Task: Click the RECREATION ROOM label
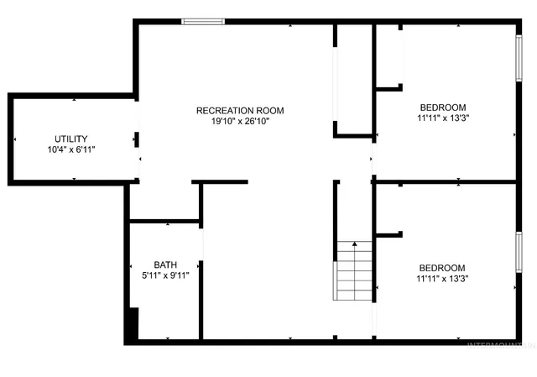pyautogui.click(x=240, y=110)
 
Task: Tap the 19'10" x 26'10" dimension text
pyautogui.click(x=240, y=121)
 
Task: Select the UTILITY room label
pyautogui.click(x=71, y=139)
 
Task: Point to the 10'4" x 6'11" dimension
pyautogui.click(x=71, y=149)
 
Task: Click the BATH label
pyautogui.click(x=165, y=264)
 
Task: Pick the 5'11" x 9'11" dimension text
pyautogui.click(x=165, y=275)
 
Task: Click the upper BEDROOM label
pyautogui.click(x=442, y=107)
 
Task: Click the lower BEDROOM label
pyautogui.click(x=442, y=268)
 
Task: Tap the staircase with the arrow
pyautogui.click(x=354, y=270)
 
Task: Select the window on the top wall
pyautogui.click(x=203, y=21)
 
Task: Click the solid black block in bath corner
pyautogui.click(x=131, y=326)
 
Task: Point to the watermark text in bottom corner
pyautogui.click(x=500, y=344)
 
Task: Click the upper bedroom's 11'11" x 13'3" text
pyautogui.click(x=442, y=118)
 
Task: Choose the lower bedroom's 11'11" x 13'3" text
pyautogui.click(x=442, y=279)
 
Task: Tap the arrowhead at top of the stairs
pyautogui.click(x=354, y=244)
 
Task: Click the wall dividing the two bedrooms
pyautogui.click(x=445, y=181)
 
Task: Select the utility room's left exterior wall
pyautogui.click(x=11, y=139)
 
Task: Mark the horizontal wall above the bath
pyautogui.click(x=164, y=222)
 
